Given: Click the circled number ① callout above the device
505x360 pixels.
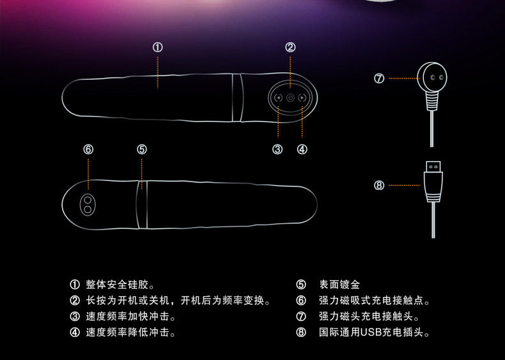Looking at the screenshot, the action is (158, 47).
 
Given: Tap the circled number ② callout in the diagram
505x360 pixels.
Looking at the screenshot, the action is (290, 47).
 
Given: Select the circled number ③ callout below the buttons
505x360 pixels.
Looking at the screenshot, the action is (277, 150).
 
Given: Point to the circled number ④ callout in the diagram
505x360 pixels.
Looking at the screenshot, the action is (302, 150).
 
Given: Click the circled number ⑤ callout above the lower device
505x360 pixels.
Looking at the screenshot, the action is (142, 149).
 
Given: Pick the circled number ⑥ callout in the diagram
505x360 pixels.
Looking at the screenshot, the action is (88, 149).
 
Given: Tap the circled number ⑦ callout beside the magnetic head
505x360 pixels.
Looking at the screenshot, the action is (379, 79).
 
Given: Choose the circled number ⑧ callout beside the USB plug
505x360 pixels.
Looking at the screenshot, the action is (379, 185).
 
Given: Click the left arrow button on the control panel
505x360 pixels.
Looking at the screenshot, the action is (278, 98).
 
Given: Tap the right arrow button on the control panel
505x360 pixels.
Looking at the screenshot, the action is (302, 98).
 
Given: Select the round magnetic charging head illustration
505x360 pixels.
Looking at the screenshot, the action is (433, 80).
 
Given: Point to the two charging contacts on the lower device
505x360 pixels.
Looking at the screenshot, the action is (88, 203).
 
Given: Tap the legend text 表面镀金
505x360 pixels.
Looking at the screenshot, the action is (339, 285).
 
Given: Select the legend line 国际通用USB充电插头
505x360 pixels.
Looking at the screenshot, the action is (374, 333).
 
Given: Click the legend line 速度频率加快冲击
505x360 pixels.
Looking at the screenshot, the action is (131, 317).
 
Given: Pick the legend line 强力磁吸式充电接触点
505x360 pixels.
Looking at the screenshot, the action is (374, 301).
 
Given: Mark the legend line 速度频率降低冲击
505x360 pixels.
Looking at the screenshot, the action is (131, 333).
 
